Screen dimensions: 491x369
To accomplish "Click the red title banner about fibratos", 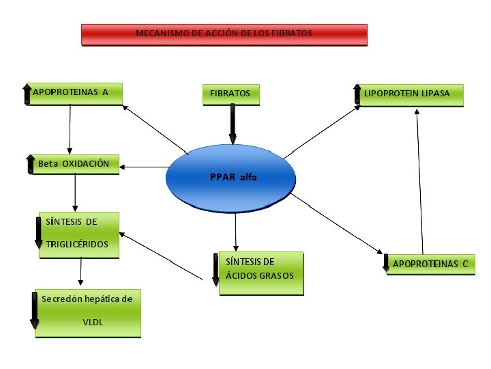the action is point(224,34).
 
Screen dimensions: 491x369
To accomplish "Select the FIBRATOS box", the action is point(230,94).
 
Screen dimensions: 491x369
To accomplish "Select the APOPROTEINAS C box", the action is point(430,263).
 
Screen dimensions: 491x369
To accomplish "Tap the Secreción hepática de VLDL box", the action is point(89,312).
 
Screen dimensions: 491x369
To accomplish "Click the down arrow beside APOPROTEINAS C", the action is point(387,263).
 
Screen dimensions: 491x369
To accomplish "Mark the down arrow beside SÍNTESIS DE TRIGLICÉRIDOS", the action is point(39,233).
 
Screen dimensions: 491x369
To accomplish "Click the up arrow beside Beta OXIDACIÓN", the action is point(30,164).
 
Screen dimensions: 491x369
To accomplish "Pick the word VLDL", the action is point(93,322).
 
